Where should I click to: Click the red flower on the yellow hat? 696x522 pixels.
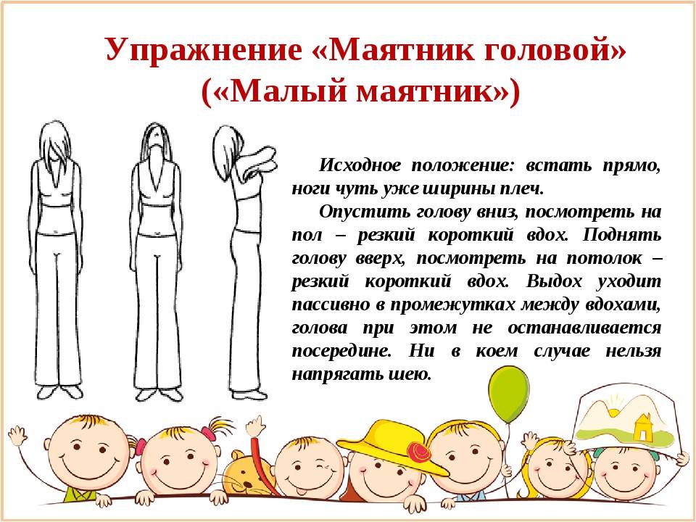click(418, 452)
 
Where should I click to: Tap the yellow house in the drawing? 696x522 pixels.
click(642, 428)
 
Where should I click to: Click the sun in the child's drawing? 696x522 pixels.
click(616, 413)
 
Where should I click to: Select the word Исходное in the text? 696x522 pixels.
click(360, 165)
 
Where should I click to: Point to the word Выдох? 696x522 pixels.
click(554, 281)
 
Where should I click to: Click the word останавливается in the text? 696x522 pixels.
click(584, 328)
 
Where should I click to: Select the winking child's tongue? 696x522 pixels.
click(300, 492)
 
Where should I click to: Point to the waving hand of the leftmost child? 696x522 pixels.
click(17, 435)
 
